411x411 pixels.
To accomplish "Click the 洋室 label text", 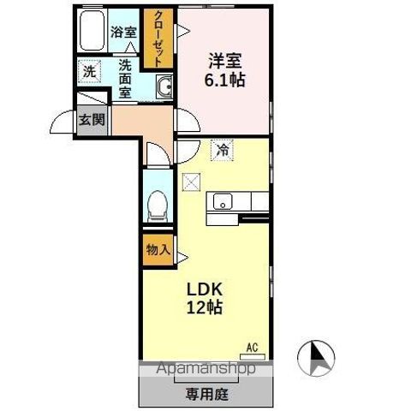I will tap(224, 61).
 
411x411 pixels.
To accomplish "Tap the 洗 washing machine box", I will tap(89, 72).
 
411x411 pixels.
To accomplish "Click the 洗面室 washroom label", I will tap(125, 76).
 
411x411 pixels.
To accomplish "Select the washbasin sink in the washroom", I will tap(164, 85).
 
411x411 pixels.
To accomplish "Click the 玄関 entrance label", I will tap(92, 120).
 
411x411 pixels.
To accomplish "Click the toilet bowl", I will tap(157, 205).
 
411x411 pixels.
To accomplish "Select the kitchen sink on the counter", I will tap(223, 203).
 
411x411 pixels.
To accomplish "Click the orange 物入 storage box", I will tap(157, 250).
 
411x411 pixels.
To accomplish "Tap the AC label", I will tap(252, 346).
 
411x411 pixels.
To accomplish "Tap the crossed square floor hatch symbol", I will tap(190, 181).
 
